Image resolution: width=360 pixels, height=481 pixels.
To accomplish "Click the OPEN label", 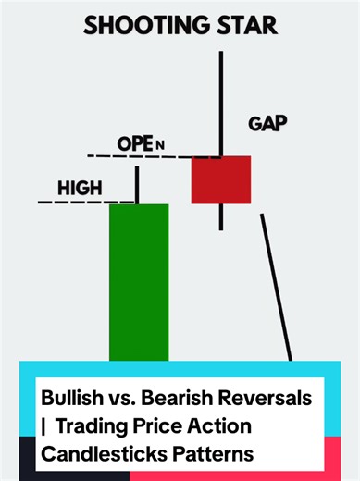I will click(x=140, y=144).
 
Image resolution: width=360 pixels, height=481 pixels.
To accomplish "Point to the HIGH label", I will click(x=80, y=189).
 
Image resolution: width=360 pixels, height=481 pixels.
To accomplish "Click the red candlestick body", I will click(x=221, y=179).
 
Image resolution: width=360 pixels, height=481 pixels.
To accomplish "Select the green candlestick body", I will click(x=139, y=282).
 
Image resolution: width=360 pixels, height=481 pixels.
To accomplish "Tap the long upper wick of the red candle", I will click(x=221, y=102).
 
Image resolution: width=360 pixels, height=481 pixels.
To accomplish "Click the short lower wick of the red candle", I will click(x=221, y=216).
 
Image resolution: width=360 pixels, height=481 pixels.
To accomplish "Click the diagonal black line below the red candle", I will click(x=276, y=287).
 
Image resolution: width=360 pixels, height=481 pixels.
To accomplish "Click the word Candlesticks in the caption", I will click(x=98, y=457).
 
